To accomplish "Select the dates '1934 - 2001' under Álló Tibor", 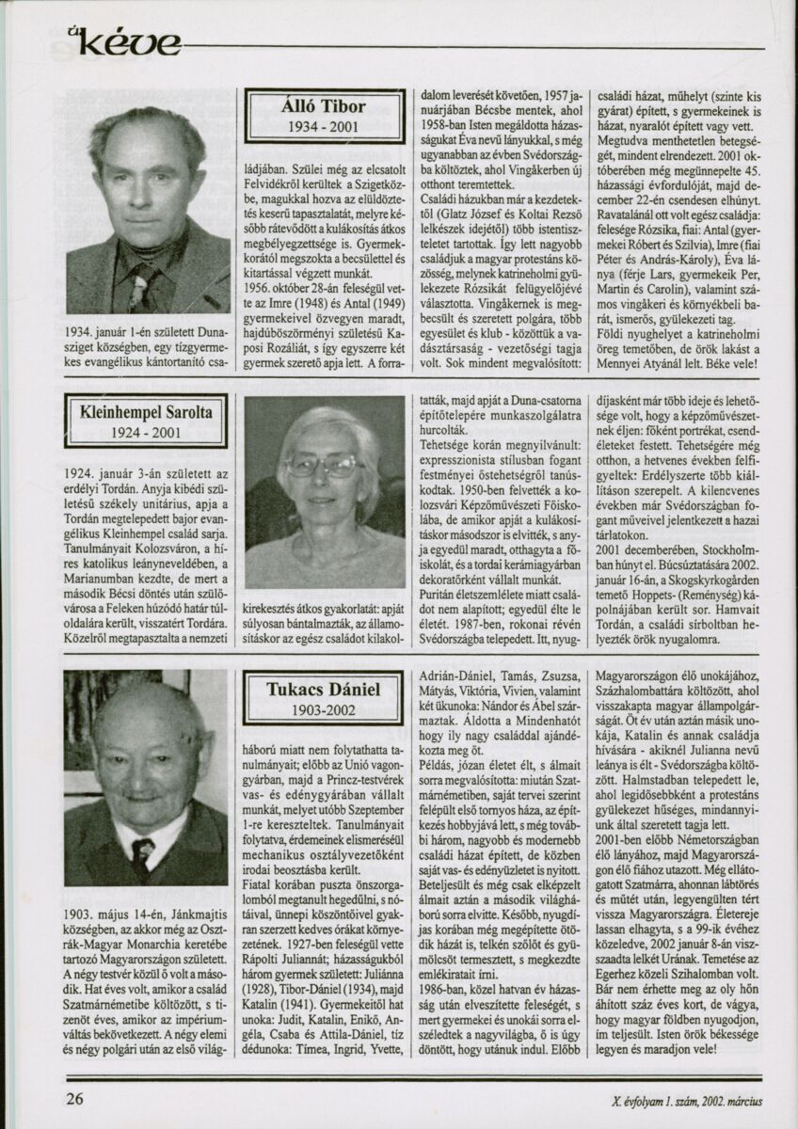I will pyautogui.click(x=324, y=127).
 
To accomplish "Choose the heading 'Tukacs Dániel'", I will pyautogui.click(x=324, y=690).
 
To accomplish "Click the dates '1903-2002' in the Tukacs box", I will pyautogui.click(x=324, y=711).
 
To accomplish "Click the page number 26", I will pyautogui.click(x=75, y=1097).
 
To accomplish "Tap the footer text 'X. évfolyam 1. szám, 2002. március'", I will pyautogui.click(x=685, y=1099).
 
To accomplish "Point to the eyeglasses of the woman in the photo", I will pyautogui.click(x=323, y=466).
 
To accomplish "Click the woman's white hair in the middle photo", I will pyautogui.click(x=325, y=428).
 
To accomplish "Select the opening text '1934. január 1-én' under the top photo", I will pyautogui.click(x=114, y=331).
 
